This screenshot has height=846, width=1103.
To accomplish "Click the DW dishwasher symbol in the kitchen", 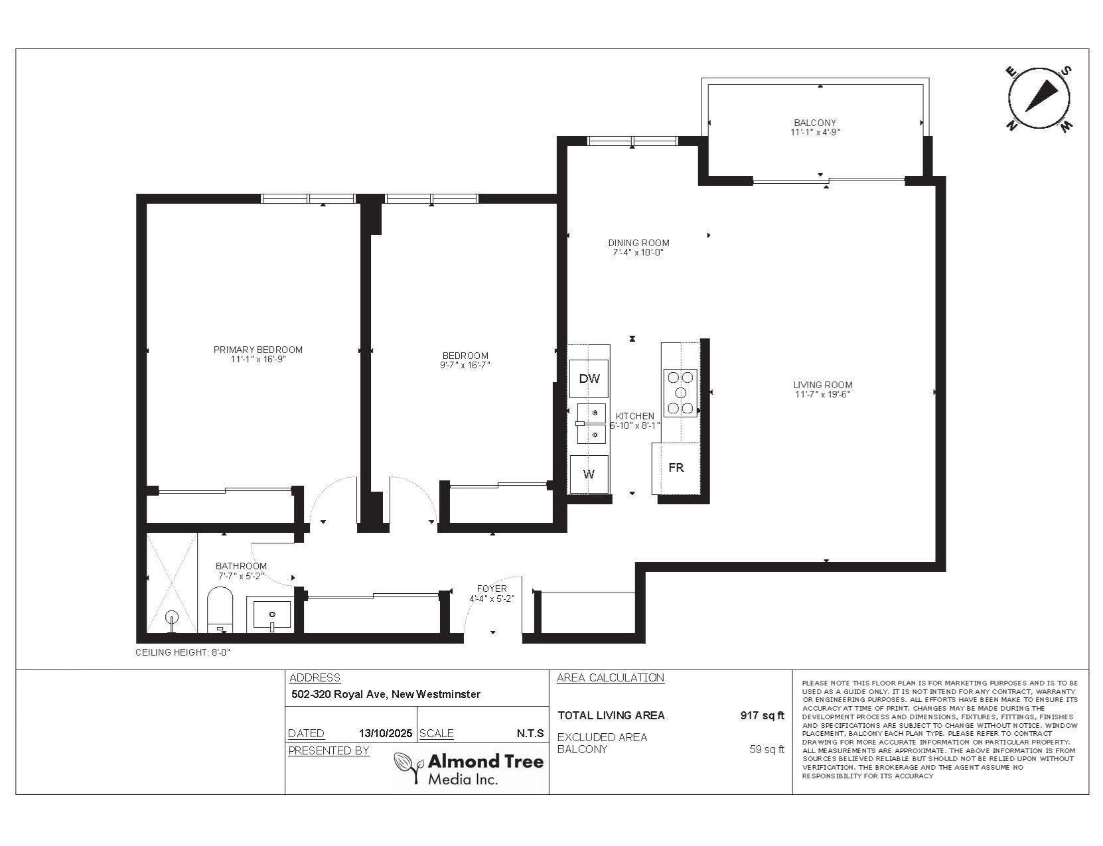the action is (589, 379).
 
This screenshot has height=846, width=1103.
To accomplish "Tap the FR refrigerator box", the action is (676, 468).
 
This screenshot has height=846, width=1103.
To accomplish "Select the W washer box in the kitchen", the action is (589, 474).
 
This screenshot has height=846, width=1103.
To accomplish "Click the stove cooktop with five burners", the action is (680, 393).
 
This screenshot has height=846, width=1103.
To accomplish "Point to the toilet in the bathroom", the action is (220, 610).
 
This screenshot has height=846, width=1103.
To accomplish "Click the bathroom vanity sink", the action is (271, 614).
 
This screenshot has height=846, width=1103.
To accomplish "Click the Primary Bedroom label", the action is (258, 350).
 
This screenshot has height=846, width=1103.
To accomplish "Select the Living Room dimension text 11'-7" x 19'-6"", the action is (822, 394).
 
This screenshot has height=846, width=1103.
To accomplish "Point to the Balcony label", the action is (815, 123).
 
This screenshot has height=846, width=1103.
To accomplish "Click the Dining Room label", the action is (638, 243).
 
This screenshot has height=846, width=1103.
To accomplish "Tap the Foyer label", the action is (492, 589).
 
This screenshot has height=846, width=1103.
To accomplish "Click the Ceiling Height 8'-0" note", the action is (183, 653).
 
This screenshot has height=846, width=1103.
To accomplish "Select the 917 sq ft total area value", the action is (762, 715).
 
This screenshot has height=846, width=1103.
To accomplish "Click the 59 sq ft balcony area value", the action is (767, 749).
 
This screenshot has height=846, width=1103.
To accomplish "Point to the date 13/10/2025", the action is (386, 733).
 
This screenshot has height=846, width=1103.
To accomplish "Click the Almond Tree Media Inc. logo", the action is (469, 769).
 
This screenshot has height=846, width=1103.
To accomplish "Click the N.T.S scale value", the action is (530, 733).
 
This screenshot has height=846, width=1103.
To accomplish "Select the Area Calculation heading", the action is (611, 677).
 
